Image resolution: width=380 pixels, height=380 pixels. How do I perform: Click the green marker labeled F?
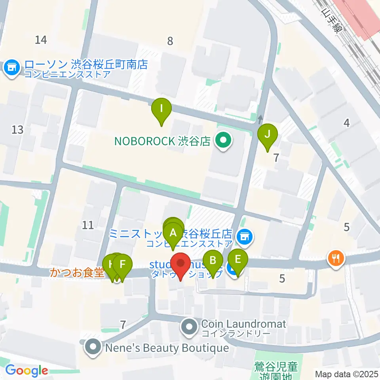(x=123, y=265)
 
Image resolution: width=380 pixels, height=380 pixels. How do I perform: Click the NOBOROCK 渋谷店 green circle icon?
(x=223, y=141)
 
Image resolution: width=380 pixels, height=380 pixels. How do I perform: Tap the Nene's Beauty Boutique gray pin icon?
(x=93, y=348)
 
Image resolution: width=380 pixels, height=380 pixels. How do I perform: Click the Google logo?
(x=27, y=371)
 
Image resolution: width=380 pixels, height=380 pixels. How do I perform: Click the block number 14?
(x=41, y=40)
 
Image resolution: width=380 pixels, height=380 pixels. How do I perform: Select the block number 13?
(x=17, y=129)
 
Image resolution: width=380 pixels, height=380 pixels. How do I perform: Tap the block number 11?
(x=87, y=225)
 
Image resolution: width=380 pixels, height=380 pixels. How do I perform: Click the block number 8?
(x=170, y=41)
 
